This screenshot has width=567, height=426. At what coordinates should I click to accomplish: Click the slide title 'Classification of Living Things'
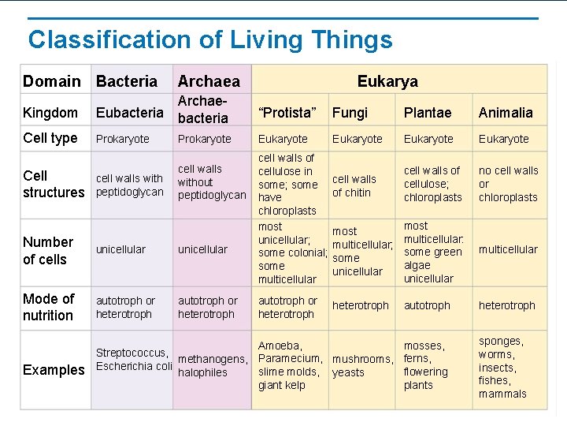(209, 39)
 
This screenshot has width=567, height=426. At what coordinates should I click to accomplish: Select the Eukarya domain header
(387, 80)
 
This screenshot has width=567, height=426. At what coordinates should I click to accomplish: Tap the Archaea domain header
(209, 81)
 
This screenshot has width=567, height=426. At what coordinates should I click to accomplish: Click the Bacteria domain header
(126, 81)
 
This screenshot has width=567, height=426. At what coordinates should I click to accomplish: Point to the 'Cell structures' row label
(53, 184)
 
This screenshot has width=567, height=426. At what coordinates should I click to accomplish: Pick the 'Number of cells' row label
(48, 250)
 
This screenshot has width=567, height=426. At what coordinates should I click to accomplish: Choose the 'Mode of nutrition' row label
(49, 307)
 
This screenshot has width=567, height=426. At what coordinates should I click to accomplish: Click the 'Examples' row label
(54, 370)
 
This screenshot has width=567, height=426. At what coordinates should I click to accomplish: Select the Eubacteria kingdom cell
(130, 113)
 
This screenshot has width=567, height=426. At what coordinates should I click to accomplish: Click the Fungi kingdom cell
(350, 113)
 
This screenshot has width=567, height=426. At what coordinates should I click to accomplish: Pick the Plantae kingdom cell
(428, 113)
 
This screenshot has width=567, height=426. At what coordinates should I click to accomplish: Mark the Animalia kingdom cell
(506, 113)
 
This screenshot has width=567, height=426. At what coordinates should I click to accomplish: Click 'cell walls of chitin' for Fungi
(354, 185)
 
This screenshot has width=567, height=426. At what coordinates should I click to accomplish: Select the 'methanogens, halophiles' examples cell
(213, 366)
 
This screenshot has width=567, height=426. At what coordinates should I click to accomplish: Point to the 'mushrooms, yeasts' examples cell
(362, 366)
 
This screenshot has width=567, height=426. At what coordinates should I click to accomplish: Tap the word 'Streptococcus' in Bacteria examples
(132, 353)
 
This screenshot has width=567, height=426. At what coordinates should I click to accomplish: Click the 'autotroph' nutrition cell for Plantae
(427, 305)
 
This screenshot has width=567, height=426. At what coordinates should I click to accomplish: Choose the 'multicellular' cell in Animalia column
(508, 249)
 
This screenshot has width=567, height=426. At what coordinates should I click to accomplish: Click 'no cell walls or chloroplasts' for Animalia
(508, 184)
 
